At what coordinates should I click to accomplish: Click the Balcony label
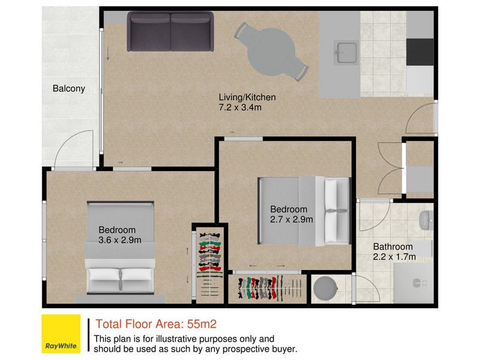tap(69, 88)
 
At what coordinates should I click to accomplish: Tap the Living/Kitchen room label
tap(247, 97)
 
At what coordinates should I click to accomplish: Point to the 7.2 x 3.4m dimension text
tap(240, 107)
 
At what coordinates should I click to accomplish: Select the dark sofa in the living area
tap(170, 31)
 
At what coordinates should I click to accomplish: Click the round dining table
tap(271, 52)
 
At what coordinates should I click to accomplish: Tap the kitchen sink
tap(347, 53)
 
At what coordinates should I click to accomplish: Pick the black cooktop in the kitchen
tap(419, 52)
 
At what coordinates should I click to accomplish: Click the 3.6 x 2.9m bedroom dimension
tap(119, 240)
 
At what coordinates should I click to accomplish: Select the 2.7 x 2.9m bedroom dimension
tap(292, 220)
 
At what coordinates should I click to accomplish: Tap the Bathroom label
tap(393, 247)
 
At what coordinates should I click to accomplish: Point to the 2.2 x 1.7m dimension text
tap(394, 257)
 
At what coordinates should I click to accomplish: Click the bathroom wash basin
tap(426, 220)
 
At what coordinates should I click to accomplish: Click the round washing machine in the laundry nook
tap(325, 289)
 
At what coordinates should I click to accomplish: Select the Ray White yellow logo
tap(61, 334)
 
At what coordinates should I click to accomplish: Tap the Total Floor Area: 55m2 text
tap(156, 324)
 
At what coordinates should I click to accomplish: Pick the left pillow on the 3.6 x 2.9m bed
tap(104, 275)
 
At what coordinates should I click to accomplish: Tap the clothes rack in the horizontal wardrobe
tap(266, 289)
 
